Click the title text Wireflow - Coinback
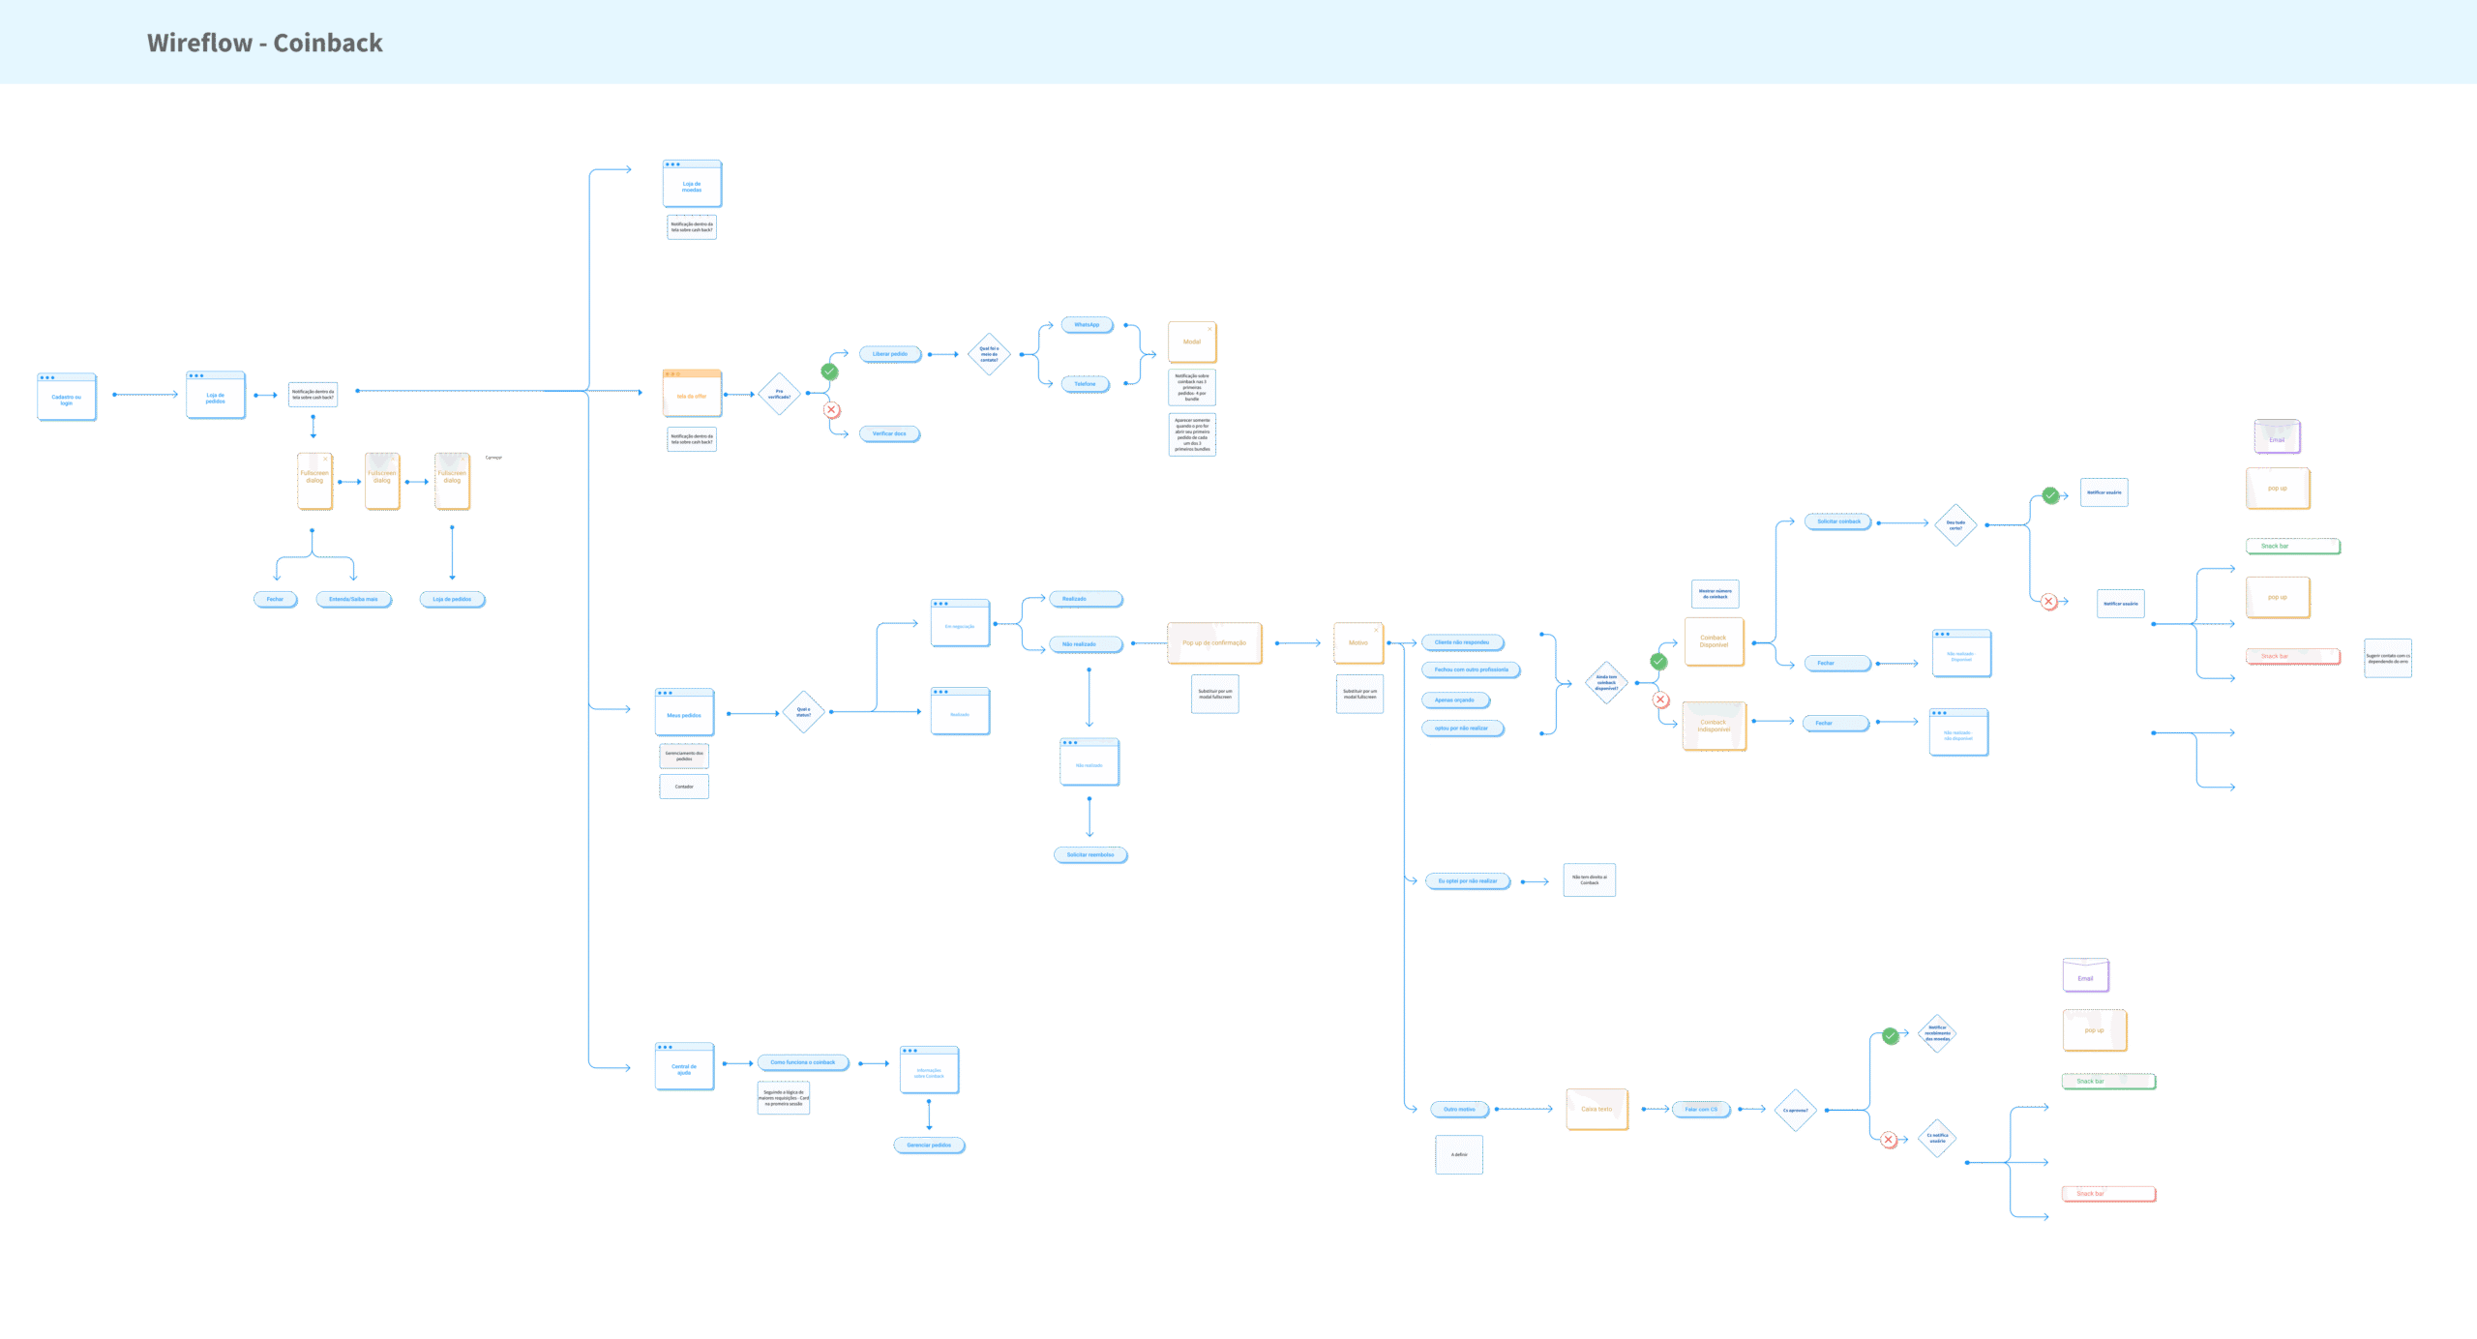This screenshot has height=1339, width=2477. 264,43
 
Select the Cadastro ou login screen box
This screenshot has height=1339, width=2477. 67,398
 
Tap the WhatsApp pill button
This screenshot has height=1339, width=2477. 1087,325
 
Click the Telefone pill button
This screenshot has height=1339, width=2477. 1085,384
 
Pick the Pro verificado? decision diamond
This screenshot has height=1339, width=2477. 779,394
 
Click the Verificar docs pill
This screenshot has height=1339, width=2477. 889,433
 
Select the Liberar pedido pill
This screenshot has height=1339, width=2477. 889,354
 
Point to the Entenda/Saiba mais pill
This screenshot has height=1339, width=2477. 353,599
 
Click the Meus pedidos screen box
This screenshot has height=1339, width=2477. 684,713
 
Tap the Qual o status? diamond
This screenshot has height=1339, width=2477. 803,712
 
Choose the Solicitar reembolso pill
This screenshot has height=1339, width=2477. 1090,855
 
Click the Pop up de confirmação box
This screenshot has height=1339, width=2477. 1214,643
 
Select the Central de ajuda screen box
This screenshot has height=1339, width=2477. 684,1067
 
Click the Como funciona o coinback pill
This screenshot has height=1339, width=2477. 802,1062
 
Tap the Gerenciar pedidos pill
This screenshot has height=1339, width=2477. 929,1146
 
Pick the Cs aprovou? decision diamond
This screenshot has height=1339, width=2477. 1795,1110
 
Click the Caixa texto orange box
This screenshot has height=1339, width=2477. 1597,1110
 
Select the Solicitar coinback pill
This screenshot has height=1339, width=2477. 1838,521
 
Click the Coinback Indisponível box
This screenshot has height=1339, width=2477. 1714,726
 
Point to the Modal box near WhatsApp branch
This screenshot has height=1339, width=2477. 1192,342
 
